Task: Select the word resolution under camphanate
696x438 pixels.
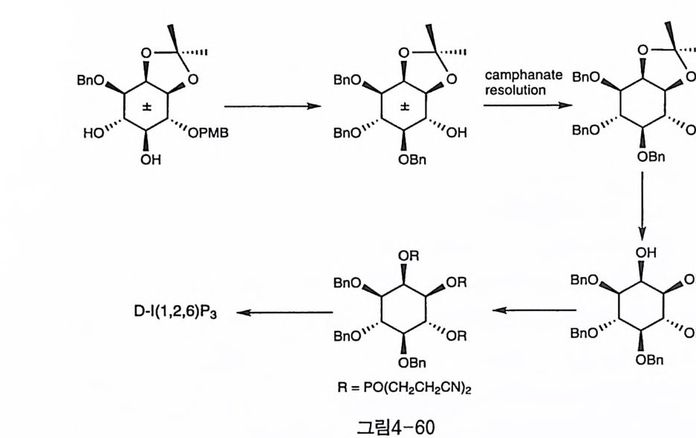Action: coord(514,90)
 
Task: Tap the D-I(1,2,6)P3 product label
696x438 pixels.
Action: coord(176,312)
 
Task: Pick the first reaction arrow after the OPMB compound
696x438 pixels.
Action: coord(273,106)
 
